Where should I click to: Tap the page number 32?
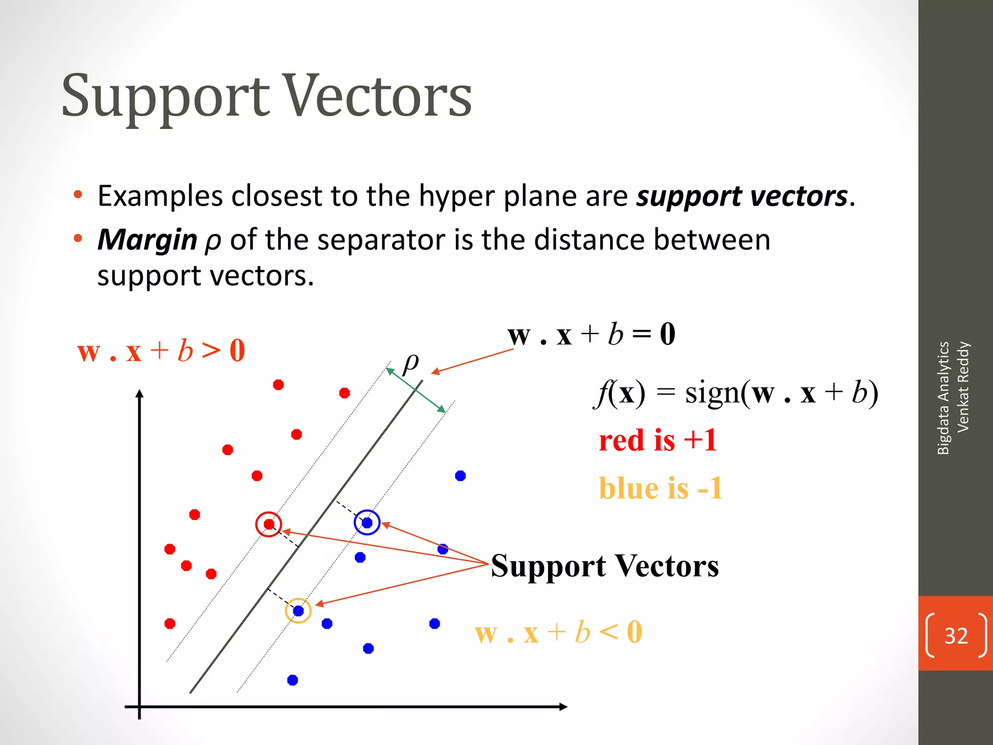(956, 635)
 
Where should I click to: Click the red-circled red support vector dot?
(269, 524)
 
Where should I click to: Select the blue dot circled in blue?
(367, 523)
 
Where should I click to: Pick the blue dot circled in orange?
(298, 611)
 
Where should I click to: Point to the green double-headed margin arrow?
(416, 391)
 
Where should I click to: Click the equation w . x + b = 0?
(591, 334)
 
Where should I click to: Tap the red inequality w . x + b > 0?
(161, 351)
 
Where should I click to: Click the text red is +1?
(657, 440)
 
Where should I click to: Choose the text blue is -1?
(660, 488)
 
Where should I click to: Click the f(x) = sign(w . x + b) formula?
(736, 393)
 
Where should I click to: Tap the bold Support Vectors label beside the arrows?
(605, 566)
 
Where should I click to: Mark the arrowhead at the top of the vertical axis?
(140, 394)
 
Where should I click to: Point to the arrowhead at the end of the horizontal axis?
(563, 707)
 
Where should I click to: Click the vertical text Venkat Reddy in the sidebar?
(963, 387)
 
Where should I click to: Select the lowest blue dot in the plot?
(292, 680)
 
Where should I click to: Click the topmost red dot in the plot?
(278, 385)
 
